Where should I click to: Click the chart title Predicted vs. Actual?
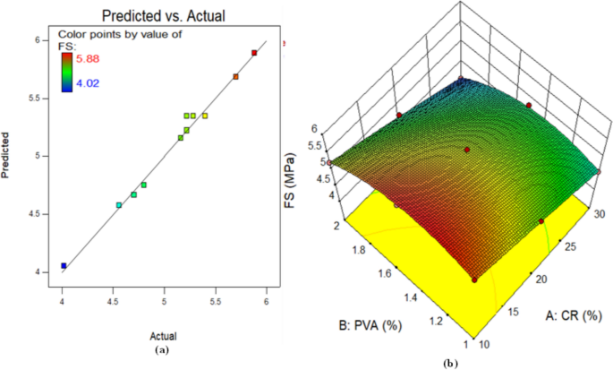tap(165, 13)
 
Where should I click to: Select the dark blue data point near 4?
tap(64, 265)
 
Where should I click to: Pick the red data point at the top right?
tap(254, 54)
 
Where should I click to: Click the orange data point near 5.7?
tap(235, 77)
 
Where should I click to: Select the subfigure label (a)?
tap(163, 348)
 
